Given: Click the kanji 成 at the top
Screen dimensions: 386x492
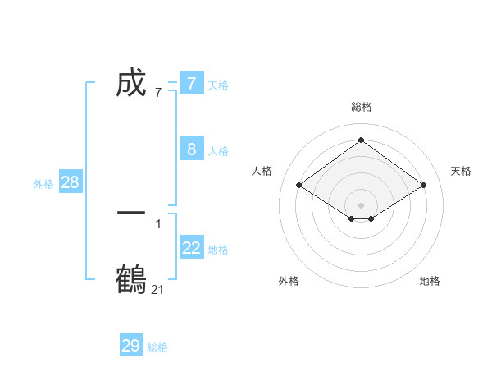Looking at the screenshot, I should point(131,83).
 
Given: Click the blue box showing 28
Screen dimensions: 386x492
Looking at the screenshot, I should point(70,182).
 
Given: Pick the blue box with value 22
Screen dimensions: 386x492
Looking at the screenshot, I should point(191,248).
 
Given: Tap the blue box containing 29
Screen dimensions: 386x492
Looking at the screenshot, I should point(131,346).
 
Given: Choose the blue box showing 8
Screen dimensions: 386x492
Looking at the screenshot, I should point(191,149).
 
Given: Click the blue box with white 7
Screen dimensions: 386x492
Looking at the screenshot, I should point(191,83).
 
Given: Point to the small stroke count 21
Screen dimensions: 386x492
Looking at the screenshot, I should point(157,289).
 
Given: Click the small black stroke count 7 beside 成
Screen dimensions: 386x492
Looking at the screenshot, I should point(157,92).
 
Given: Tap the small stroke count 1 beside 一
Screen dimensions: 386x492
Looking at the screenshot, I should point(157,223).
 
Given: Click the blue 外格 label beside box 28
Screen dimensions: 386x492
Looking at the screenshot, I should point(43,184).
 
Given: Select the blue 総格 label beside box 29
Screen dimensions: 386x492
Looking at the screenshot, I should point(157,347).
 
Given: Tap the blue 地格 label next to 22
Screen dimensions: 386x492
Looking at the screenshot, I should point(218,250).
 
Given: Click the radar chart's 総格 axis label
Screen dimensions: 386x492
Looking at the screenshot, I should point(361,107).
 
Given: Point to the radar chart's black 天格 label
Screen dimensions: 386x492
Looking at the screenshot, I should point(461,171).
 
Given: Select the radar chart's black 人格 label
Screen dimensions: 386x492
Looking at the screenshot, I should point(262,171).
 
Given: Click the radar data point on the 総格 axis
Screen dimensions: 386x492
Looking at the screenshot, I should point(361,140).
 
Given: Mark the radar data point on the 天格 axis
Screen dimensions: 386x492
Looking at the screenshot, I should point(423,186).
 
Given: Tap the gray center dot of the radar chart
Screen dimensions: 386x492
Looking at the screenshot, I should point(361,204).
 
